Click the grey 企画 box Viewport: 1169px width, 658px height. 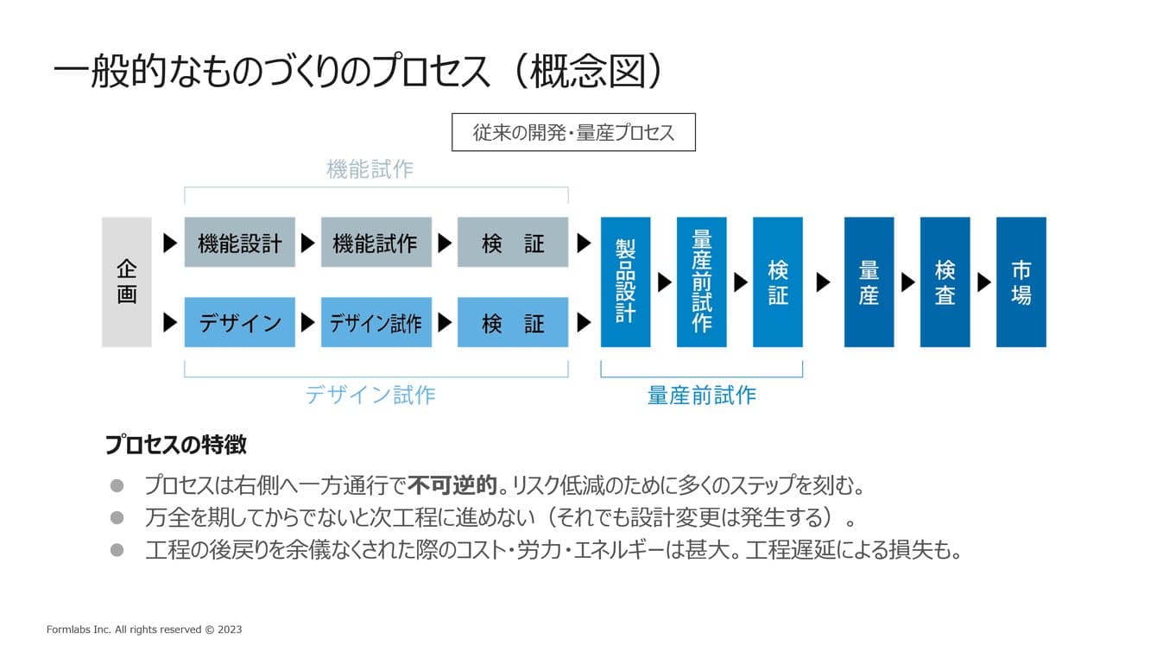coord(127,282)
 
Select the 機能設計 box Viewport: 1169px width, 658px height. coord(240,243)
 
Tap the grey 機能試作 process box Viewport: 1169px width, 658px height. coord(376,243)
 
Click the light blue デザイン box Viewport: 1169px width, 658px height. coord(240,323)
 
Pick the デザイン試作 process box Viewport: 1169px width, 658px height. coord(376,323)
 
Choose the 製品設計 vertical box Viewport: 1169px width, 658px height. coord(625,282)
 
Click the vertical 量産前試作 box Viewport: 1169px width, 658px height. coord(701,282)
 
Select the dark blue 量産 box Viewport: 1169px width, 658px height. coord(869,282)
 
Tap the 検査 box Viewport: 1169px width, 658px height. coord(945,282)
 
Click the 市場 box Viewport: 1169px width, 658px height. coord(1021,282)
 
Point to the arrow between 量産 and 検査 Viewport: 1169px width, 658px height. coord(907,282)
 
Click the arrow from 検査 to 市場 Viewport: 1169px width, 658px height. coord(983,282)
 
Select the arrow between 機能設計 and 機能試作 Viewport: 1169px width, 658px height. coord(307,243)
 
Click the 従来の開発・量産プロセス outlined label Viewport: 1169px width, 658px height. coord(573,133)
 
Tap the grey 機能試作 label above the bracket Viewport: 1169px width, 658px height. coord(370,169)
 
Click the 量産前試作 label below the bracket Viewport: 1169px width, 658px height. coord(701,395)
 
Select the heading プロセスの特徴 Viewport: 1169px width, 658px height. coord(176,445)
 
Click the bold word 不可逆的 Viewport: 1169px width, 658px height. coord(453,485)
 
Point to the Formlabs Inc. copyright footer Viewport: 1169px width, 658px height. coord(144,630)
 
